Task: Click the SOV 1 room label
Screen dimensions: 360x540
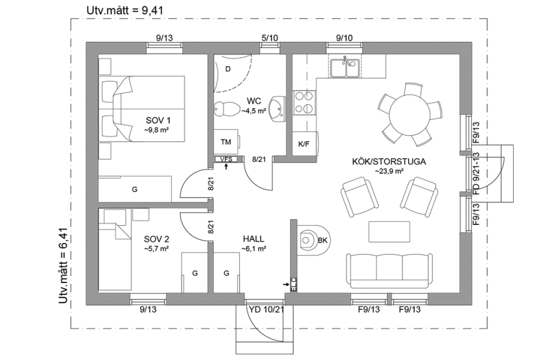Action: point(158,120)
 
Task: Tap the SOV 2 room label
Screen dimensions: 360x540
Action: point(156,239)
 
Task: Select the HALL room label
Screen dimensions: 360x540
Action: point(253,239)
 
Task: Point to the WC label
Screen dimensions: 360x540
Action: point(254,101)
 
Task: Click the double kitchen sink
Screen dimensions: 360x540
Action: point(344,67)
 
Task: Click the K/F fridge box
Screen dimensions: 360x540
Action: point(304,144)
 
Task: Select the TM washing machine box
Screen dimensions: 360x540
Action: point(226,142)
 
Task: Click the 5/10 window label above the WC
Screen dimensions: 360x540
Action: point(269,38)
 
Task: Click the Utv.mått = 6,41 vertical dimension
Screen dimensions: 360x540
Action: point(62,265)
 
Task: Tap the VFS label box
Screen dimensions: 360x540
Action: point(226,159)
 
